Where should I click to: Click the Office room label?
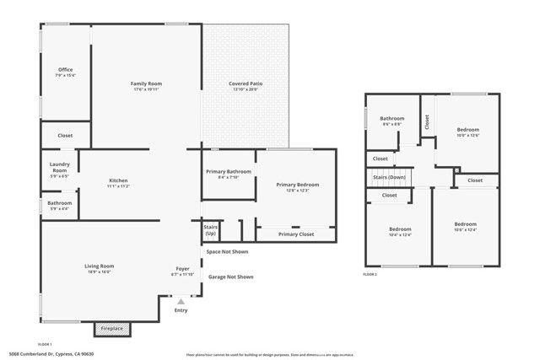tap(66, 70)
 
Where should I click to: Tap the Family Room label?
tap(146, 84)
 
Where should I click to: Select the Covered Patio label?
tap(245, 84)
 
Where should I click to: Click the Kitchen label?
tap(118, 181)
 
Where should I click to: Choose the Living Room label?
tap(99, 266)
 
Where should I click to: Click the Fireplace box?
tap(112, 328)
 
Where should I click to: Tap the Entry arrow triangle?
tap(181, 300)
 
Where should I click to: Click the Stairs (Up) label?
tap(210, 229)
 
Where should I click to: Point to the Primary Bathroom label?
tap(229, 172)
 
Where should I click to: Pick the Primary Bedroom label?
tap(297, 185)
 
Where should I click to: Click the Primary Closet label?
tap(295, 234)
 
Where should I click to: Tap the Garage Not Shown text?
tap(231, 277)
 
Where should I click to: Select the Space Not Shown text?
tap(228, 251)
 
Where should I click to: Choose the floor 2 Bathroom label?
tap(392, 119)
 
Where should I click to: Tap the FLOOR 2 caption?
tap(370, 274)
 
